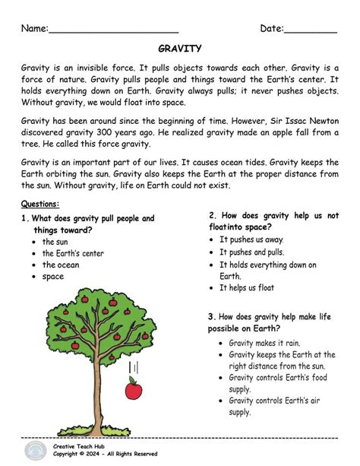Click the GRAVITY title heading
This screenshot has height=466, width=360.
click(x=180, y=49)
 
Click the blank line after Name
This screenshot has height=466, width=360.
click(x=113, y=31)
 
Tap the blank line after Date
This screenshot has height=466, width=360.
click(x=311, y=31)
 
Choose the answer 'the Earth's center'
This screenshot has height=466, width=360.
click(x=73, y=253)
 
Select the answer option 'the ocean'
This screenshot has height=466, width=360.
click(x=61, y=265)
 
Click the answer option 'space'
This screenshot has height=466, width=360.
click(x=53, y=277)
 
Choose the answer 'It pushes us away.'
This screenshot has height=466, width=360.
click(x=251, y=239)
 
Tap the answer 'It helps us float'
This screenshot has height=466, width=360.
click(x=247, y=288)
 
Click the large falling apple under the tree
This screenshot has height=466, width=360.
click(x=134, y=390)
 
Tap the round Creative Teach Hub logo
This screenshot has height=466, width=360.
click(x=34, y=451)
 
